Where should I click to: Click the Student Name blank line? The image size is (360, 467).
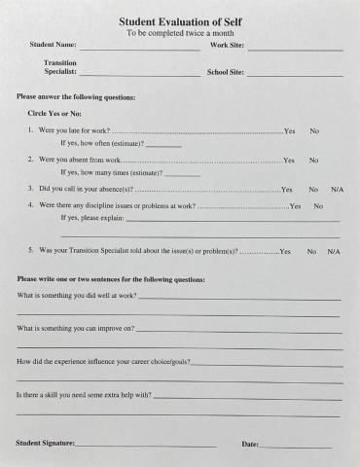pyautogui.click(x=140, y=48)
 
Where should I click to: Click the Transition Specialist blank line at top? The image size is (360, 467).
pyautogui.click(x=140, y=74)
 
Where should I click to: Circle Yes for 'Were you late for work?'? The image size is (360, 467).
pyautogui.click(x=289, y=130)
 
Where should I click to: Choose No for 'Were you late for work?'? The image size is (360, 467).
pyautogui.click(x=314, y=130)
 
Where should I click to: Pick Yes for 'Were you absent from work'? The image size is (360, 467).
pyautogui.click(x=288, y=160)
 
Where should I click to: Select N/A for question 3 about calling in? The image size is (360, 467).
pyautogui.click(x=337, y=189)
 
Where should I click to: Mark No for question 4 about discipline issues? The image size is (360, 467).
pyautogui.click(x=318, y=206)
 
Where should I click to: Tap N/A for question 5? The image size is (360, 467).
pyautogui.click(x=334, y=251)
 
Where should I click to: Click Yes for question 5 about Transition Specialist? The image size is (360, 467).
pyautogui.click(x=284, y=251)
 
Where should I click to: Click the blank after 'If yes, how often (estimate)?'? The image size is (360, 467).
pyautogui.click(x=164, y=145)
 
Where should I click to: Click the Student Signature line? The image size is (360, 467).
pyautogui.click(x=146, y=446)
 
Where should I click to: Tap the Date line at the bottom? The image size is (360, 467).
pyautogui.click(x=297, y=446)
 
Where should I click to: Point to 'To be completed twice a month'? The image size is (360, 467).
pyautogui.click(x=180, y=33)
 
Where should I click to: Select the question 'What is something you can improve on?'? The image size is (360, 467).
pyautogui.click(x=76, y=329)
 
